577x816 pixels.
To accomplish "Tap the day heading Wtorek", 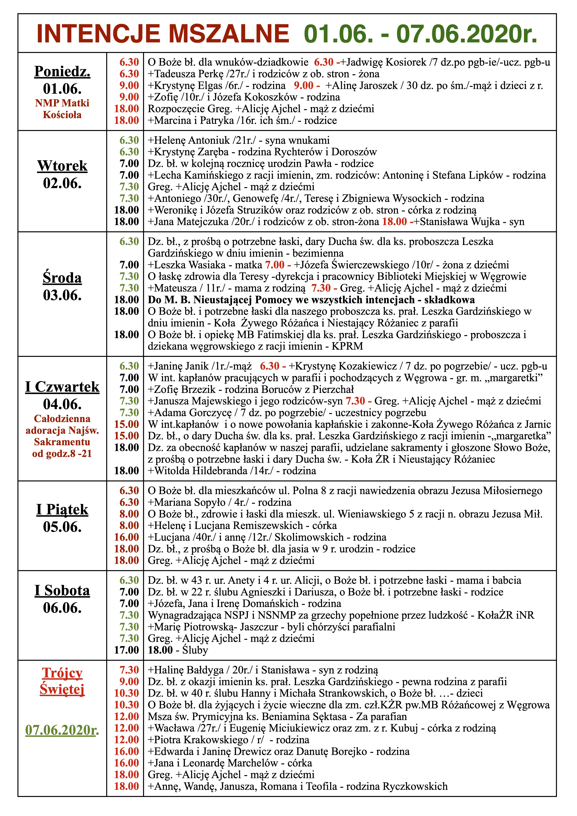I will pyautogui.click(x=62, y=166).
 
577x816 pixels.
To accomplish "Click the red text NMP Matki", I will pyautogui.click(x=62, y=103).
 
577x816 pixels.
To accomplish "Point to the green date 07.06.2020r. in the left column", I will pyautogui.click(x=62, y=730).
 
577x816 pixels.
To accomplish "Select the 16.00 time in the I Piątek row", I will pyautogui.click(x=126, y=537).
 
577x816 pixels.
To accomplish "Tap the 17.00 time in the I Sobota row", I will pyautogui.click(x=126, y=650).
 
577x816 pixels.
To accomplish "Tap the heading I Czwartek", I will pyautogui.click(x=62, y=387).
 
